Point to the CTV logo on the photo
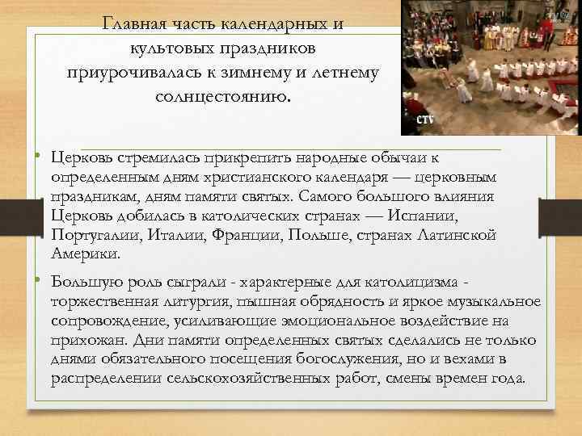[425, 119]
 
